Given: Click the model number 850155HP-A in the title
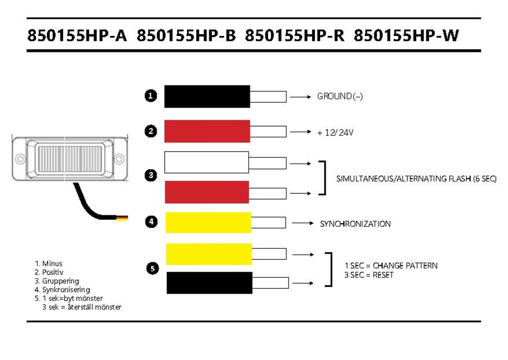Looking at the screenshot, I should pyautogui.click(x=77, y=36).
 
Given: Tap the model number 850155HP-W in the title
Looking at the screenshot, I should pyautogui.click(x=406, y=36).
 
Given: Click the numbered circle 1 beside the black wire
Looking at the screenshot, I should pyautogui.click(x=151, y=96).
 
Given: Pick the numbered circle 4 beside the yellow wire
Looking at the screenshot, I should pyautogui.click(x=151, y=222).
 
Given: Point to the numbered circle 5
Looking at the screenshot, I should pyautogui.click(x=152, y=269).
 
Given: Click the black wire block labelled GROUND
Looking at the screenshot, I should pyautogui.click(x=207, y=96).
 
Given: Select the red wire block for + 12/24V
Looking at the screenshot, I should pyautogui.click(x=207, y=131).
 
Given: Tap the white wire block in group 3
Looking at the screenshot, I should pyautogui.click(x=206, y=162).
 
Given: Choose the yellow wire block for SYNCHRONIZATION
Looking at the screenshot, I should pyautogui.click(x=208, y=222).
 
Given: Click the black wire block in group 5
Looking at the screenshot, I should pyautogui.click(x=209, y=283).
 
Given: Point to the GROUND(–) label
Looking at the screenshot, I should pyautogui.click(x=340, y=96).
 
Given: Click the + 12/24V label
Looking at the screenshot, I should pyautogui.click(x=335, y=132).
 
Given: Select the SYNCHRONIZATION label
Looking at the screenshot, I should pyautogui.click(x=355, y=224).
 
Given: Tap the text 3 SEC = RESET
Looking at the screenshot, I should pyautogui.click(x=369, y=275).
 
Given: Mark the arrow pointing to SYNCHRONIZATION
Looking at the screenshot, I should pyautogui.click(x=303, y=223).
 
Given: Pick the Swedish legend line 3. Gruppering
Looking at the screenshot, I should pyautogui.click(x=57, y=281).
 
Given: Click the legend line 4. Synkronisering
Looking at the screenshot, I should pyautogui.click(x=62, y=289).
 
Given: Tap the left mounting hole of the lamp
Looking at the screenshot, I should pyautogui.click(x=20, y=159).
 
